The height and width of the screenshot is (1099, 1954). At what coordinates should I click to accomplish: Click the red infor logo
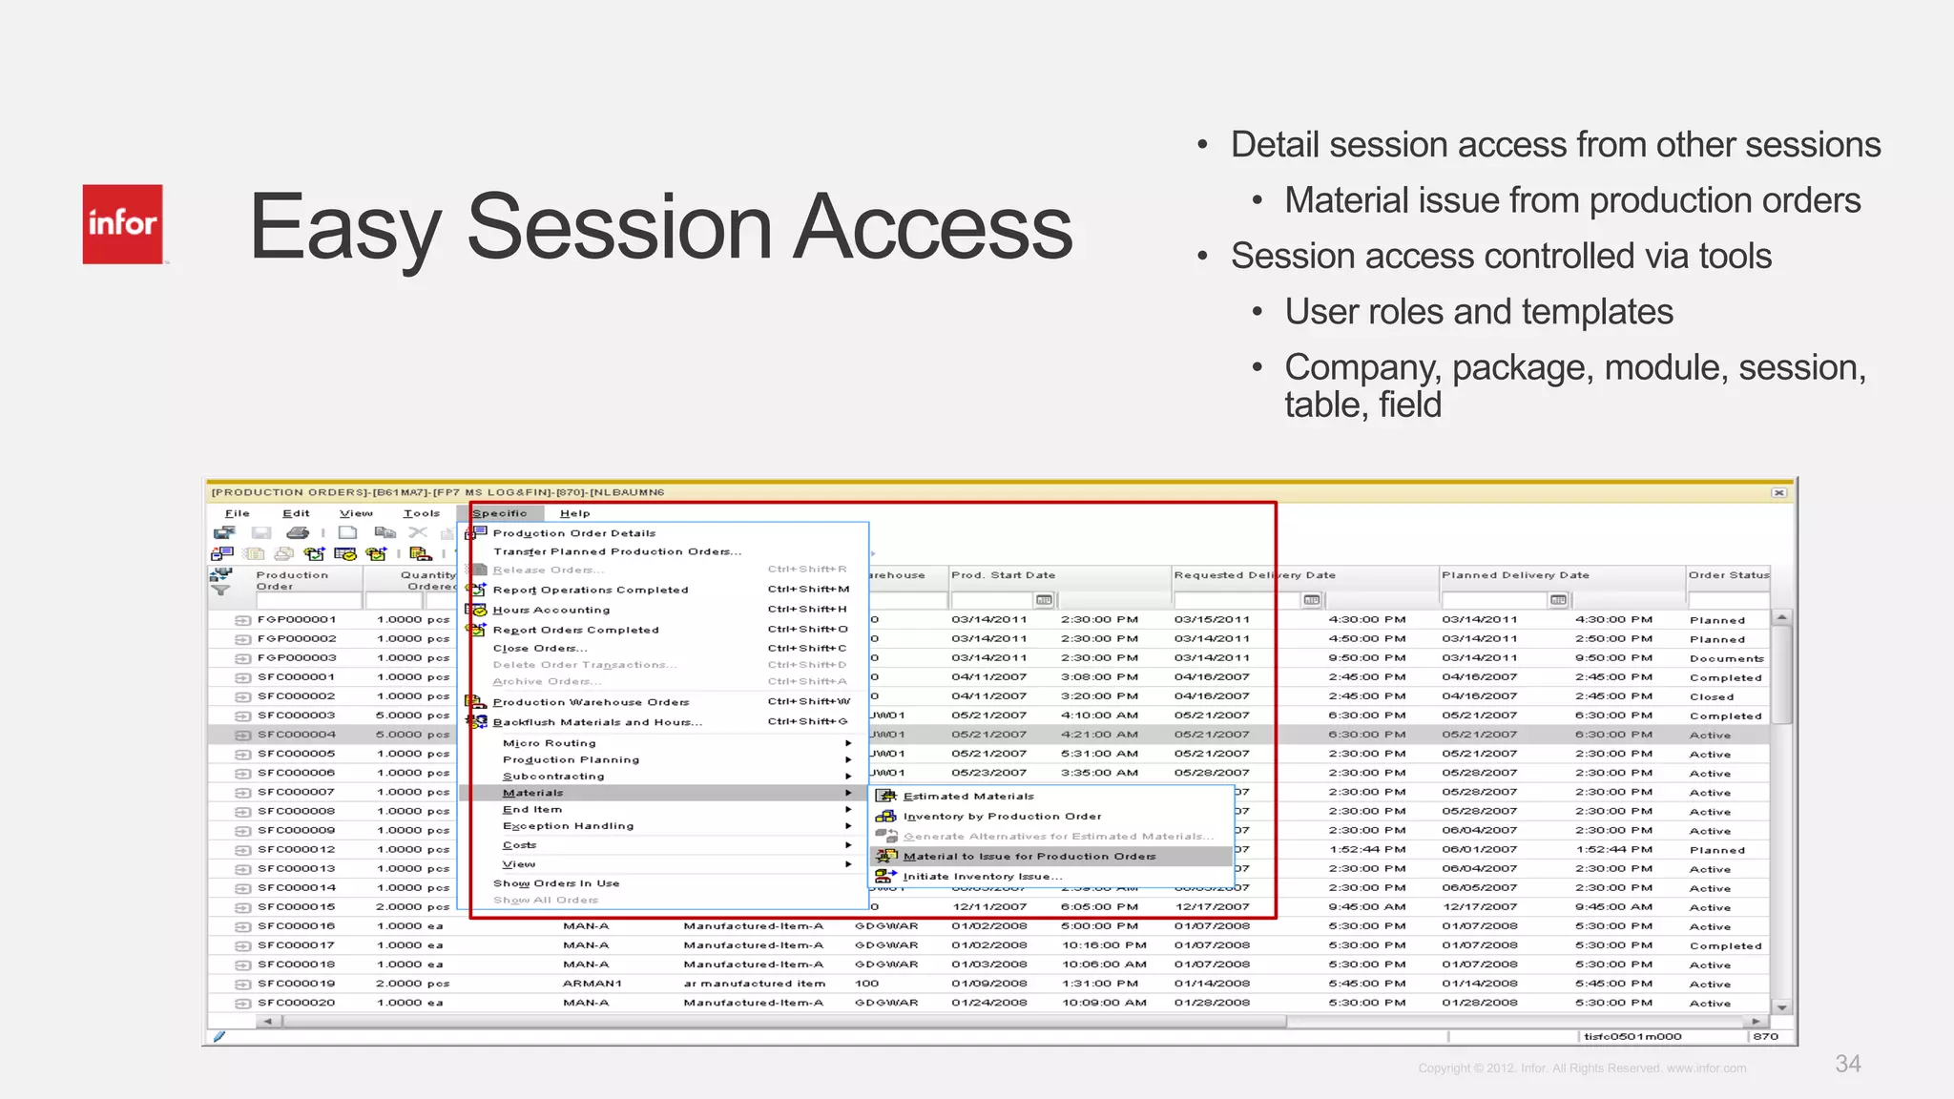tap(122, 224)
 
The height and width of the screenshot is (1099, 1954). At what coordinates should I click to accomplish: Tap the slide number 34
tap(1847, 1064)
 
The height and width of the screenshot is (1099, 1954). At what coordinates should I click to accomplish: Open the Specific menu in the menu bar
tap(499, 513)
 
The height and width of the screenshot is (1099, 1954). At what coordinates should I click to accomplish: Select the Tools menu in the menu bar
tap(421, 513)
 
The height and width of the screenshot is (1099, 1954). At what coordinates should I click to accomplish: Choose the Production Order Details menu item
tap(573, 533)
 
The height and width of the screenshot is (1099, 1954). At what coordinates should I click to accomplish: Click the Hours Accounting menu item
tap(551, 610)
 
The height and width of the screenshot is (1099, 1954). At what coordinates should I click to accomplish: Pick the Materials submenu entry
tap(532, 793)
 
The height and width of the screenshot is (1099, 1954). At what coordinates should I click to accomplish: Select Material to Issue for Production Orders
tap(1029, 857)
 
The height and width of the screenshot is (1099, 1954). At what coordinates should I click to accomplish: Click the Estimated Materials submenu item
tap(967, 796)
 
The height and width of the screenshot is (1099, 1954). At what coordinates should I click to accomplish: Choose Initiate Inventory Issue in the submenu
tap(982, 876)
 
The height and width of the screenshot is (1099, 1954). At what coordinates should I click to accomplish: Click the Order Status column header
tap(1728, 575)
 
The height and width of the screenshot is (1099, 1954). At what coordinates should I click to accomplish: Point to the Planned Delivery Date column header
tap(1515, 575)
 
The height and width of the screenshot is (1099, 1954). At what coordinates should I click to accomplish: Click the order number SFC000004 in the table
tap(296, 735)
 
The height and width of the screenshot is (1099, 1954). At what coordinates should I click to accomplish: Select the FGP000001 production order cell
tap(296, 619)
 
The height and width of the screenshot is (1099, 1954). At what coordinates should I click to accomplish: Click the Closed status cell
tap(1712, 696)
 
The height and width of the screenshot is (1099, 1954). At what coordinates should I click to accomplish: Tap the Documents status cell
tap(1726, 658)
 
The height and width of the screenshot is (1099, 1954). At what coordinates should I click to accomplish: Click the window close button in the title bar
tap(1778, 493)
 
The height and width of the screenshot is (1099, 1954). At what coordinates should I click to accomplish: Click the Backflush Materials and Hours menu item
tap(596, 722)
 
